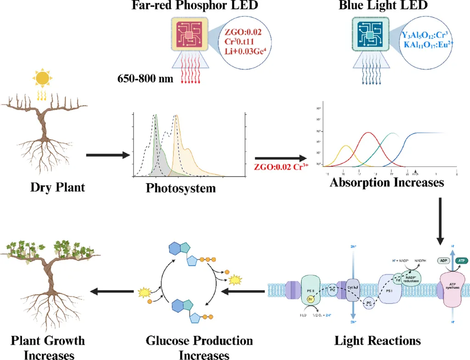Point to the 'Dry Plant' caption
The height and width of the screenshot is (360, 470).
coord(57,188)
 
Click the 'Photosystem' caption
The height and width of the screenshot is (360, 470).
coord(181,188)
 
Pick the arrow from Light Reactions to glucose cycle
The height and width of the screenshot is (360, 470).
coord(243,291)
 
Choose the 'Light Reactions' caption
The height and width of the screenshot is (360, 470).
coord(377,341)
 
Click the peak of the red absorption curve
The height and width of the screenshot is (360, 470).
coord(368,133)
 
